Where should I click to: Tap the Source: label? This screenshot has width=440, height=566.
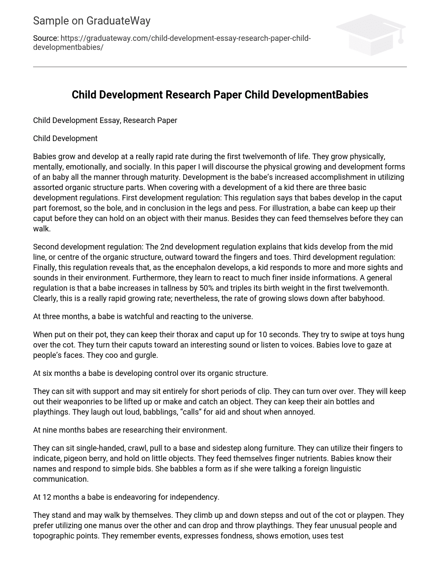tap(46, 38)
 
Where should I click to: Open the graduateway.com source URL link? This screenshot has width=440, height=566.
tap(172, 43)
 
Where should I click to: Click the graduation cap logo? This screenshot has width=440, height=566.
tap(371, 35)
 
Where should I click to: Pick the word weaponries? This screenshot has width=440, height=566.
tap(86, 402)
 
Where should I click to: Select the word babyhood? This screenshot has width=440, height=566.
tap(368, 298)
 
